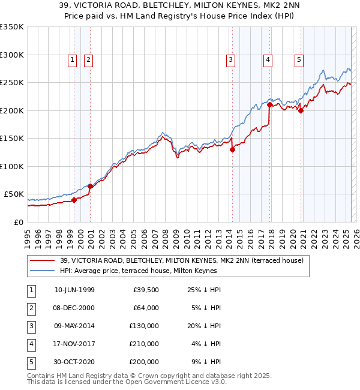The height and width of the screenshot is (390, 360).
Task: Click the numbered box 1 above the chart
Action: [x=72, y=59]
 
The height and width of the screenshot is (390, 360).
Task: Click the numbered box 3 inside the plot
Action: [x=230, y=59]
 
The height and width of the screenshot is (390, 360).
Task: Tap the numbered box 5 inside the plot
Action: [x=299, y=59]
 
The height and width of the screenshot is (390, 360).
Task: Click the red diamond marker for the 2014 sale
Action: [x=232, y=150]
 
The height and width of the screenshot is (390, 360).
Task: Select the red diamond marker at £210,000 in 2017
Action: [x=269, y=105]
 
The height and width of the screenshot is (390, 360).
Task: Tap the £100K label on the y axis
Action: [x=12, y=166]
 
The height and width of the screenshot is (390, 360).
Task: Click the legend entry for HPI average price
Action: [x=138, y=271]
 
